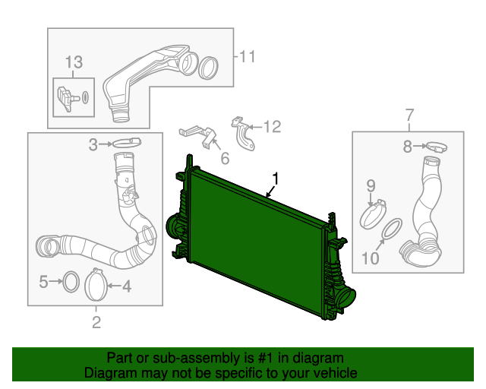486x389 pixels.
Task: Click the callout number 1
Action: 276,179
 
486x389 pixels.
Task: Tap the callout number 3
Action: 93,144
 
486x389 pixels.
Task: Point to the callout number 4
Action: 126,286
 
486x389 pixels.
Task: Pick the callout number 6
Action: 225,159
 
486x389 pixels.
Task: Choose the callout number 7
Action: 409,115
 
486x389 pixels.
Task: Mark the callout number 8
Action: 407,146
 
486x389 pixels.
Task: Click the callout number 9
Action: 371,185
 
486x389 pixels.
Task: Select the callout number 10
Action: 370,258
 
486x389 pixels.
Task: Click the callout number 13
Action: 73,62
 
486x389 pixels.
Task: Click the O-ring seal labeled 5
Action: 69,282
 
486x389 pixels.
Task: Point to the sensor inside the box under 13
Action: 66,96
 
